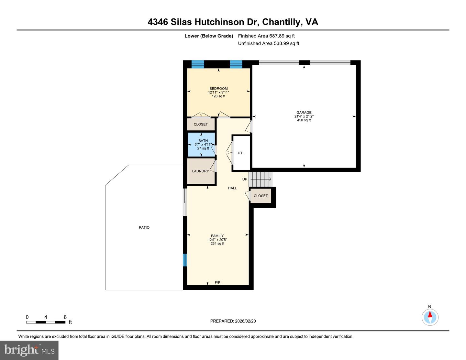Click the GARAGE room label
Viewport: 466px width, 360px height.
point(304,113)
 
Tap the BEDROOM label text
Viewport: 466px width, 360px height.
point(218,89)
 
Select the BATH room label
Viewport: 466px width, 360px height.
point(203,141)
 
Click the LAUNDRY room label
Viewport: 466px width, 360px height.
point(200,171)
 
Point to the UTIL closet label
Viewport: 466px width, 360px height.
point(241,153)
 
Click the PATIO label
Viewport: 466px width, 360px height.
point(144,227)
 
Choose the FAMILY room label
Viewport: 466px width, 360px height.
point(217,236)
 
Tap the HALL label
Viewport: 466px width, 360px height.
point(232,188)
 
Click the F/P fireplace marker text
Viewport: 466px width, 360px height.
point(217,283)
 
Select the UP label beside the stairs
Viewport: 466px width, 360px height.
point(245,179)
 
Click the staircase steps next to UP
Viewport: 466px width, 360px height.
point(261,179)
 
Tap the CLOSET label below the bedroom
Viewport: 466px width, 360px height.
point(201,125)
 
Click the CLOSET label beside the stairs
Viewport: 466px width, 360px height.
point(261,196)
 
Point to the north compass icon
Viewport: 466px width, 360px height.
point(430,317)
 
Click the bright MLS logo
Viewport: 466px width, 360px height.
point(29,350)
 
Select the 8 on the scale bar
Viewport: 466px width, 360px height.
point(65,317)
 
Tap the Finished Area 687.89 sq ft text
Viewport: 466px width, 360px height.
point(266,36)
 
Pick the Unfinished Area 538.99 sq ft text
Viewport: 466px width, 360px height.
point(269,43)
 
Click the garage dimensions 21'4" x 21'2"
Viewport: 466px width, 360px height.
point(304,116)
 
